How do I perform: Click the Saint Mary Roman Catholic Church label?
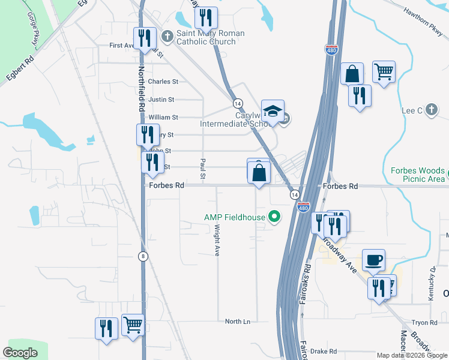(210, 37)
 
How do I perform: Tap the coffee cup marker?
(374, 260)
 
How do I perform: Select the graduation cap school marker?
(273, 110)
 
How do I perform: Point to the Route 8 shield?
(143, 256)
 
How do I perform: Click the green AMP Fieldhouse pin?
(275, 217)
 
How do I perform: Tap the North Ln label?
(237, 322)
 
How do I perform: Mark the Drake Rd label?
(324, 352)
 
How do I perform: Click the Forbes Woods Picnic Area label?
(418, 175)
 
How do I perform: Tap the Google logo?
(20, 353)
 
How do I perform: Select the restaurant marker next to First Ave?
(145, 38)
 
